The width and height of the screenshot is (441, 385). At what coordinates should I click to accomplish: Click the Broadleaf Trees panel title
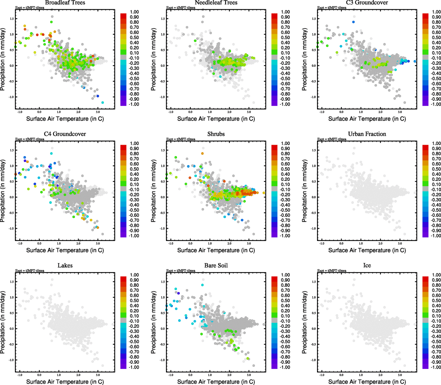(x=65, y=3)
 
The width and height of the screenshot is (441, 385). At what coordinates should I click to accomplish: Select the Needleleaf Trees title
(x=216, y=3)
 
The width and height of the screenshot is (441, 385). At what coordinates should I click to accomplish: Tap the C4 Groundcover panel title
(x=65, y=134)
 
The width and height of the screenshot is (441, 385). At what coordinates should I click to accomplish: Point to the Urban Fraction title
(x=367, y=134)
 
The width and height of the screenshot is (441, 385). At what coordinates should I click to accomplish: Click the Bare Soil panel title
(x=216, y=265)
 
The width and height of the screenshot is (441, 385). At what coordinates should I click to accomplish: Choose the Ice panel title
(x=367, y=265)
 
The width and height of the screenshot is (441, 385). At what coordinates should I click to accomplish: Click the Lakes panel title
(x=65, y=265)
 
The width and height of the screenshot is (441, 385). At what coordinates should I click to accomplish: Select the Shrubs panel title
(x=216, y=134)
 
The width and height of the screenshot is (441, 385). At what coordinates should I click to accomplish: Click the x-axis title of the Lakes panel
(x=65, y=381)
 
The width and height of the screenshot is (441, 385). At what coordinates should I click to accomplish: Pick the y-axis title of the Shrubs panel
(x=153, y=191)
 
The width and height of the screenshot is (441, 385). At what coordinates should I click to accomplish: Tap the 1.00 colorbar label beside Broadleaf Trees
(x=134, y=12)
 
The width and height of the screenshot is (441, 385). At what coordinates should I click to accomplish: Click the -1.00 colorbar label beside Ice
(x=436, y=367)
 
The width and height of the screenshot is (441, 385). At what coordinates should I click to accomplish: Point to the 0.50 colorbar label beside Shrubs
(x=285, y=169)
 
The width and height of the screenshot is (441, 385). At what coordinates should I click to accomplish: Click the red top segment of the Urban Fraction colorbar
(x=425, y=147)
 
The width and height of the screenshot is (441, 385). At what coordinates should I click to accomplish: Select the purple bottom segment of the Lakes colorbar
(x=123, y=366)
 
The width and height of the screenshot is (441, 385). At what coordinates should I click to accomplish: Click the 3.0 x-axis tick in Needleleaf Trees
(x=249, y=112)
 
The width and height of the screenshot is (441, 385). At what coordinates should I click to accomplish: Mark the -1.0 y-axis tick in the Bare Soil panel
(x=163, y=360)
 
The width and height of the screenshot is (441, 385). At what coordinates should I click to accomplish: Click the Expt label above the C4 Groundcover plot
(x=30, y=139)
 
